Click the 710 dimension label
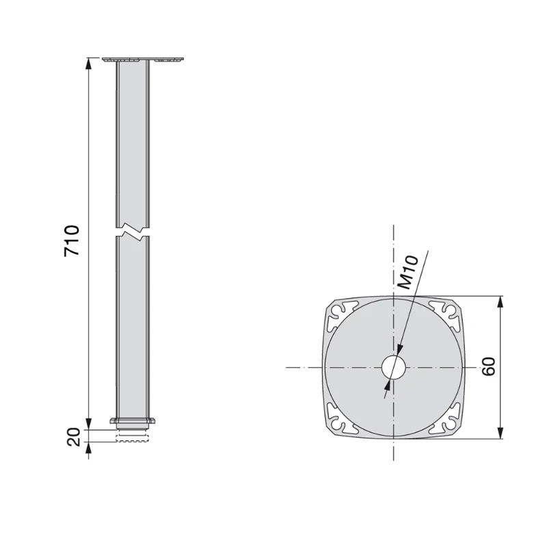72,240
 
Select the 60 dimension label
488,366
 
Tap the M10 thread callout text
408,271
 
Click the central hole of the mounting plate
393,367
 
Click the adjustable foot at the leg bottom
133,436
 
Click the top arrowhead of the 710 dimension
89,64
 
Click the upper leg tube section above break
133,144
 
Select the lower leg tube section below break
133,328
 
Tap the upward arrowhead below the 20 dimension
89,447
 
